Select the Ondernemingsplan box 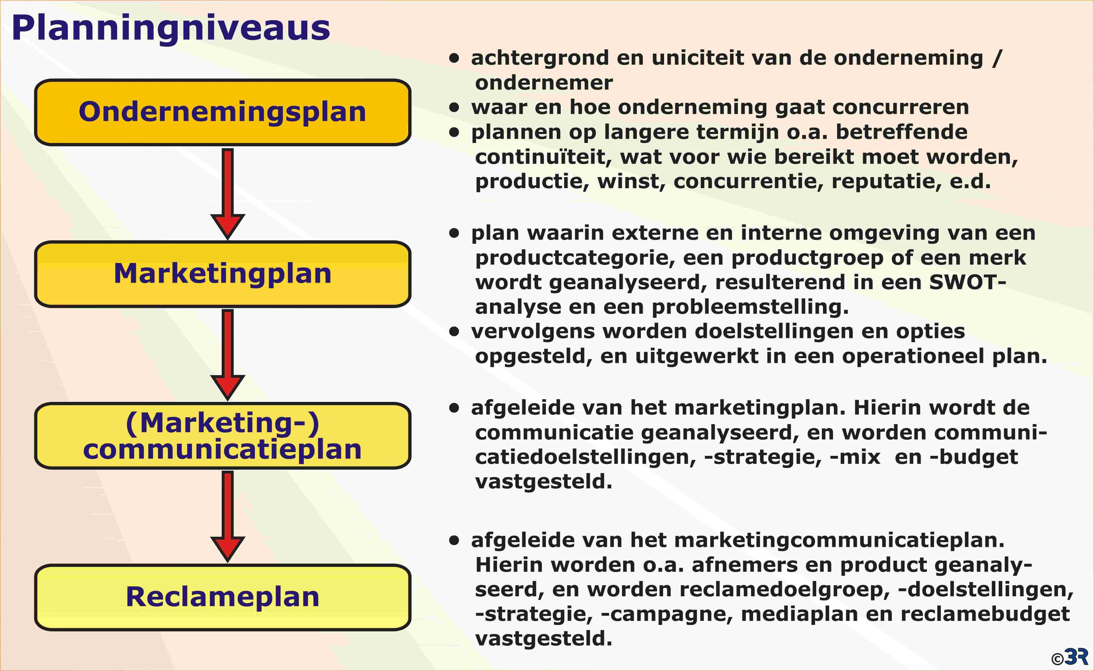click(223, 112)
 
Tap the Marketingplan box click(223, 274)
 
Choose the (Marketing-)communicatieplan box click(223, 436)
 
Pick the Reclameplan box click(223, 597)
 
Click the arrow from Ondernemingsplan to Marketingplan click(228, 194)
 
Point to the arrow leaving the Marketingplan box click(228, 355)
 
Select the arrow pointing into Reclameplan click(228, 516)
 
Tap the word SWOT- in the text click(967, 282)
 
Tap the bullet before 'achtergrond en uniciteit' click(454, 58)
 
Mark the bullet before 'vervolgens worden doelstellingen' click(454, 331)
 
